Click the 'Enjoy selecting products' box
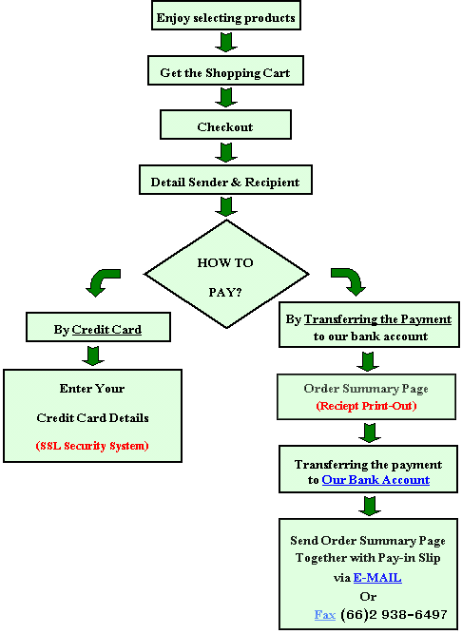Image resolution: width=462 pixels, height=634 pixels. click(226, 15)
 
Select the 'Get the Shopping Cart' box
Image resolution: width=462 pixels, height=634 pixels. click(225, 70)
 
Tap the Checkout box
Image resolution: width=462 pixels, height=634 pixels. click(225, 125)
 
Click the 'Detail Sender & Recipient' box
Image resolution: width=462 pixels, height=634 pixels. click(225, 180)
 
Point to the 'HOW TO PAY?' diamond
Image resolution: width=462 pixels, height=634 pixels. click(226, 274)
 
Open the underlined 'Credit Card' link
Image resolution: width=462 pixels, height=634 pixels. click(106, 330)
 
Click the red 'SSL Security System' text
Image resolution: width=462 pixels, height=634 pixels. click(92, 446)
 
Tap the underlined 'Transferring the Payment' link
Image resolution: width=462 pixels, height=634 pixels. click(377, 319)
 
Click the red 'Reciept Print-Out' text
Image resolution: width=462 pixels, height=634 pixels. click(366, 406)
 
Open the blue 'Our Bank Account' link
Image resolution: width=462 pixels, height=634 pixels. click(375, 480)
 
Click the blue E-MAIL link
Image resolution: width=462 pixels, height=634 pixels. click(377, 577)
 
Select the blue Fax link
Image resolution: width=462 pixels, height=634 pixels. click(325, 615)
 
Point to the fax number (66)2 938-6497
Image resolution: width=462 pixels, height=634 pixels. click(394, 615)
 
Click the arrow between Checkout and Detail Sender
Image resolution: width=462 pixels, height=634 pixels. click(226, 152)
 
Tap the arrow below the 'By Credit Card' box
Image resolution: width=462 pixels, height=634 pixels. click(93, 355)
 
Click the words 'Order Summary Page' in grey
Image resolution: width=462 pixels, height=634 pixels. click(366, 389)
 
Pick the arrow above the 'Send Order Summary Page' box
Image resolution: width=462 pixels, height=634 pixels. click(370, 507)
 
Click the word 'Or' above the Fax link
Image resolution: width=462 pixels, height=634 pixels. click(368, 596)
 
